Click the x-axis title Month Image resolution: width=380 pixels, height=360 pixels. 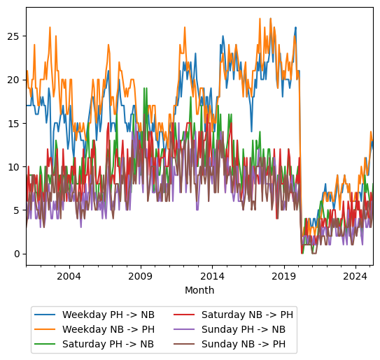(x=199, y=290)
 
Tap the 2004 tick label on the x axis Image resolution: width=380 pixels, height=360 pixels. (x=69, y=276)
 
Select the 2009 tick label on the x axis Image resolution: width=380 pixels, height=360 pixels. (x=141, y=276)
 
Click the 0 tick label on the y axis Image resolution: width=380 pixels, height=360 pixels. (x=18, y=254)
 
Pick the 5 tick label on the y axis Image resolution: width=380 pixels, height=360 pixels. (x=18, y=210)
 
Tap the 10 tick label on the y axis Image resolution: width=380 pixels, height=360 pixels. (x=15, y=166)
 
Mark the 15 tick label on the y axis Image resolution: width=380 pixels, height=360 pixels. (x=15, y=123)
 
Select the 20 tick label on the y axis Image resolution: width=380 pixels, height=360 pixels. (x=15, y=80)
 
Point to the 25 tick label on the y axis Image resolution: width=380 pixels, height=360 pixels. (x=15, y=36)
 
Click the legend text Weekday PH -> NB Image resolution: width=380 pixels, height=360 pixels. (x=108, y=315)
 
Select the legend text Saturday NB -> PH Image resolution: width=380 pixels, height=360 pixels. (x=247, y=315)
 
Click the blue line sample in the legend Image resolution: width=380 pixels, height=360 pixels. (x=46, y=315)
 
